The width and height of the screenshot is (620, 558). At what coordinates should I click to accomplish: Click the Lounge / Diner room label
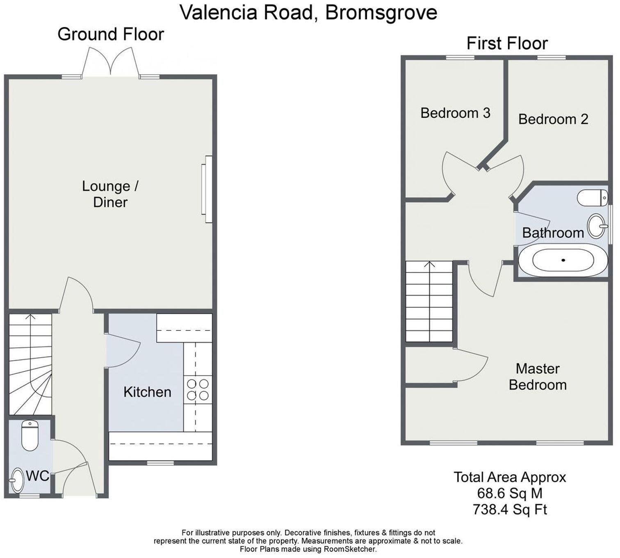[110, 194]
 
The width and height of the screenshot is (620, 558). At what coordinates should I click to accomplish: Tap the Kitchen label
[148, 392]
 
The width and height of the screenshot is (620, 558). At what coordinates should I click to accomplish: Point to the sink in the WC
[17, 480]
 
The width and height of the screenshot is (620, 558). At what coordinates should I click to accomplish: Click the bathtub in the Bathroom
[563, 260]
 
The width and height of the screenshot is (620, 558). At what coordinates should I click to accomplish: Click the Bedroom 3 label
[455, 113]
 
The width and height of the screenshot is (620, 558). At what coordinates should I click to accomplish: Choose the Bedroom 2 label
[553, 119]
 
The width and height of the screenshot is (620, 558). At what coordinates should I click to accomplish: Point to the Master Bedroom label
[538, 377]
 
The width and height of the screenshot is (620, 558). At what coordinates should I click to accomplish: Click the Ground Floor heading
[111, 34]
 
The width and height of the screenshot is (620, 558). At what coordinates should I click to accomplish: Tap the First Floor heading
[507, 43]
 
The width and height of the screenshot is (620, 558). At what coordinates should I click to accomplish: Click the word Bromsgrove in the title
[381, 13]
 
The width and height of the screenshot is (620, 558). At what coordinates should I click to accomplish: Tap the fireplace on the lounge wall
[207, 189]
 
